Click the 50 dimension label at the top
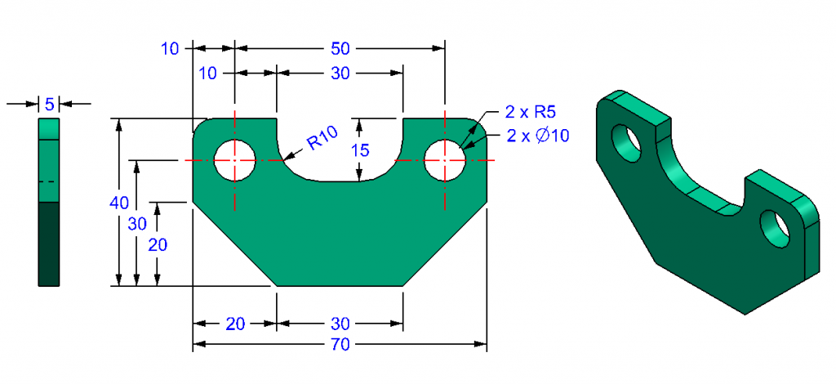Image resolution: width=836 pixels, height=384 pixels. pyautogui.click(x=340, y=48)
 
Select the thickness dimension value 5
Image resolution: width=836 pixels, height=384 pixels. pyautogui.click(x=50, y=104)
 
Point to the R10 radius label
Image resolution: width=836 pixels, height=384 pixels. pyautogui.click(x=322, y=141)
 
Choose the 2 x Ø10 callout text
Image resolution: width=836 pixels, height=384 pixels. pyautogui.click(x=537, y=136)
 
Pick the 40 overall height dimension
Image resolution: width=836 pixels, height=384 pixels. pyautogui.click(x=120, y=201)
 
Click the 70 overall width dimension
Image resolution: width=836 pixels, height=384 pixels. pyautogui.click(x=340, y=345)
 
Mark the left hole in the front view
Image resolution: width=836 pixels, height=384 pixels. pyautogui.click(x=235, y=160)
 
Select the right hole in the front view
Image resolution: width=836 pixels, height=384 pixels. pyautogui.click(x=445, y=160)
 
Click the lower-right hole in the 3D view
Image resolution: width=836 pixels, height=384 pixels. pyautogui.click(x=776, y=228)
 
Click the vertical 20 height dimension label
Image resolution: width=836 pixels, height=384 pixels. pyautogui.click(x=158, y=244)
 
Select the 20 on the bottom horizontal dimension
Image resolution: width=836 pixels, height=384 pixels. pyautogui.click(x=234, y=324)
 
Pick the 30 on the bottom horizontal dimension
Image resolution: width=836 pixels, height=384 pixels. pyautogui.click(x=340, y=324)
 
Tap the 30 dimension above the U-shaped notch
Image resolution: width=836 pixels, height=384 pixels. pyautogui.click(x=340, y=74)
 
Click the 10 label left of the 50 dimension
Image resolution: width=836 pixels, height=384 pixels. pyautogui.click(x=170, y=48)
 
